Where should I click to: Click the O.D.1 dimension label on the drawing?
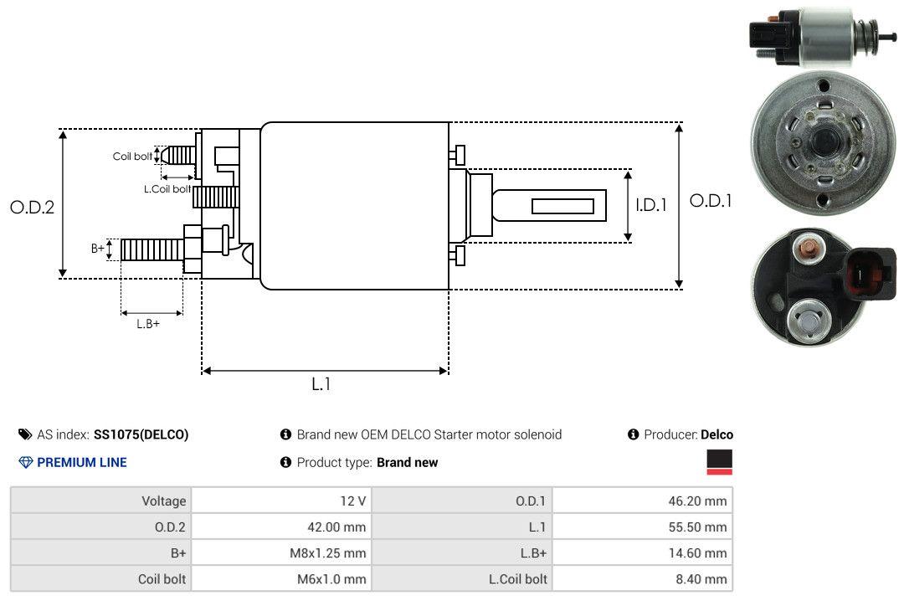711,201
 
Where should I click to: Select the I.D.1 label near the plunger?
650,204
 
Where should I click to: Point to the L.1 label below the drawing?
321,384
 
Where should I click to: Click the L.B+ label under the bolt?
148,323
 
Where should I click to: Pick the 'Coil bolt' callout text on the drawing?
132,157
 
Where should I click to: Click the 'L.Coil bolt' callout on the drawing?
167,189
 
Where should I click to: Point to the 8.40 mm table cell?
703,579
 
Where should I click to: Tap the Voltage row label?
164,501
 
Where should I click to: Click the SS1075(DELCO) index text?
141,434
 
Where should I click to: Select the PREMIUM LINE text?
82,462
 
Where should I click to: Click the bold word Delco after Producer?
717,434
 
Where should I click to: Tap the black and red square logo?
719,462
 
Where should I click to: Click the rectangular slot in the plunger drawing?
562,206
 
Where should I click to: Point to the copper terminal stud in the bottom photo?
810,249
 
